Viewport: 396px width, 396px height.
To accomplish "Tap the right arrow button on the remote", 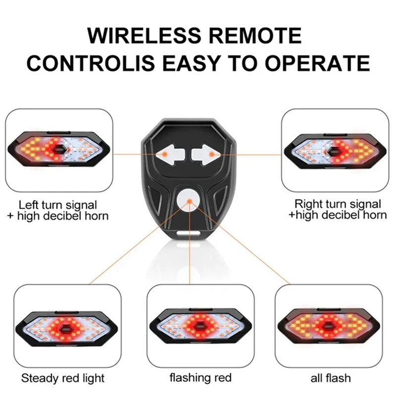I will tap(201, 155).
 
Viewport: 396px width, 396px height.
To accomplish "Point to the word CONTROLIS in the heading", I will tap(83, 63).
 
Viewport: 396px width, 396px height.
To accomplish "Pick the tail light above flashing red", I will tap(199, 327).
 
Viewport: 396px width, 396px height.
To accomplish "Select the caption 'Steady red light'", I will tap(63, 379).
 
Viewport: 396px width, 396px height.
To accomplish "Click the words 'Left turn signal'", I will tap(58, 204).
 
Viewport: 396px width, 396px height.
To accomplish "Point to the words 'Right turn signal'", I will tap(338, 203).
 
